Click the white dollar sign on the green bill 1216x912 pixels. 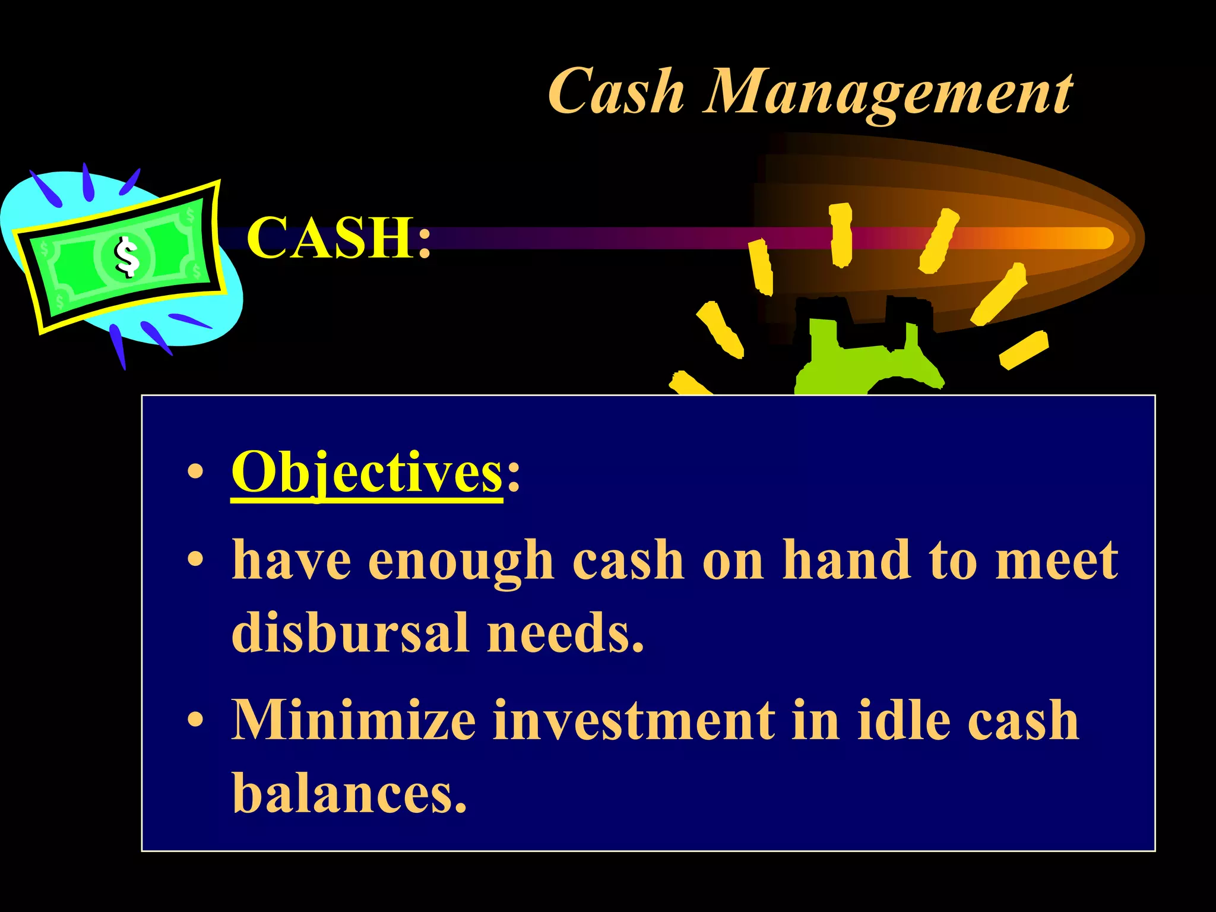[x=126, y=256]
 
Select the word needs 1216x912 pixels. [x=565, y=632]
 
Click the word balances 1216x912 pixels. [x=349, y=792]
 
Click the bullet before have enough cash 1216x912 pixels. [x=195, y=560]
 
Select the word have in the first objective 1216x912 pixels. [x=291, y=560]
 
